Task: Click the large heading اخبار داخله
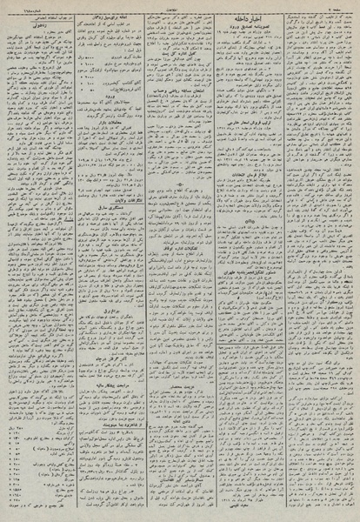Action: pos(256,24)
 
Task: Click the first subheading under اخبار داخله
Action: pos(256,35)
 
